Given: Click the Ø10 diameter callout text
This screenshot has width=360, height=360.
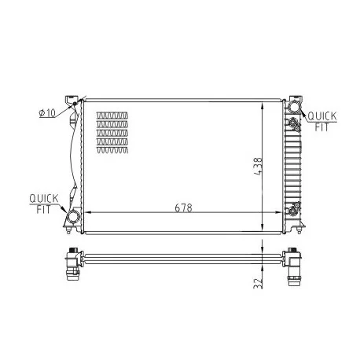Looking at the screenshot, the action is tap(47, 113).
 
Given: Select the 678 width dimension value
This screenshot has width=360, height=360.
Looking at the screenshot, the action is tap(183, 208).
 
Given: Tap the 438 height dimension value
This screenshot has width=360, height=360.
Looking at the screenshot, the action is tap(258, 166).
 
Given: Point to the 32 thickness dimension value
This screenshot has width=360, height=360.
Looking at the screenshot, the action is tap(259, 283).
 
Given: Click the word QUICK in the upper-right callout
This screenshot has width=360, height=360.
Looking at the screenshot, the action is tap(322, 116).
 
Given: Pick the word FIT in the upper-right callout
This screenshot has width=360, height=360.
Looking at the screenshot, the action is tap(321, 127).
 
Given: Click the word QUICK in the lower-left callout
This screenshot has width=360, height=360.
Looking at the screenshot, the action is tap(44, 198).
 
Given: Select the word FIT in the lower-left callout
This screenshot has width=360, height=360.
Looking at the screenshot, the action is tap(43, 209).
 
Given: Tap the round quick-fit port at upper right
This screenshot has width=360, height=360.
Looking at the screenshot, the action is tap(293, 107).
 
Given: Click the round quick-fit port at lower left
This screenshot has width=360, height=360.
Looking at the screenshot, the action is tap(72, 217).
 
